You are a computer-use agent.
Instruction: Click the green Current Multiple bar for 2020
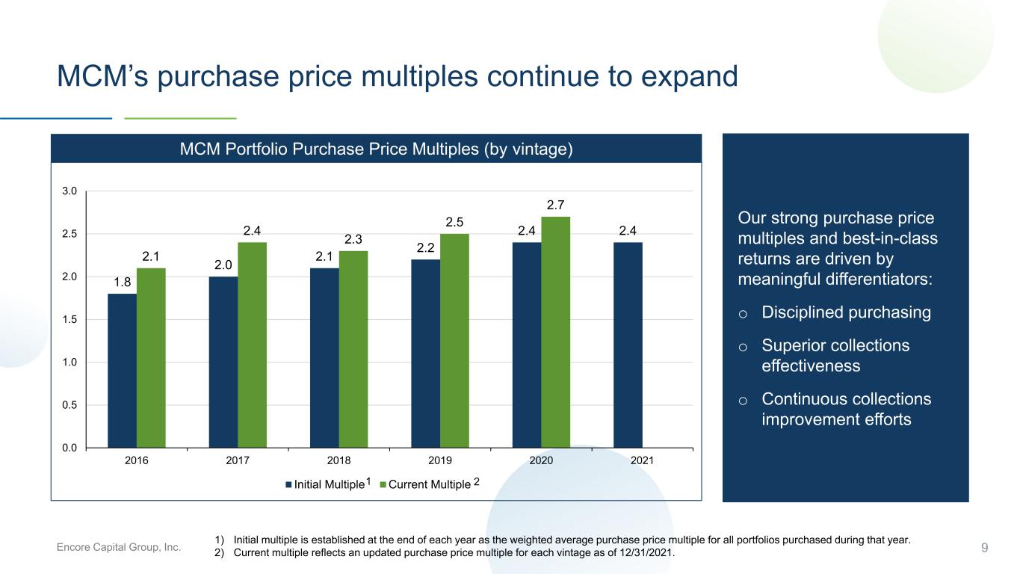click(x=555, y=332)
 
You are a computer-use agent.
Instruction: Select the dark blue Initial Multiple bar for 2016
click(x=122, y=371)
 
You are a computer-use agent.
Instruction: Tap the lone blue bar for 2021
click(x=628, y=345)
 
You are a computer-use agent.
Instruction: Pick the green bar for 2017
click(x=253, y=345)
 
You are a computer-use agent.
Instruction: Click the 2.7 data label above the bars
click(x=555, y=205)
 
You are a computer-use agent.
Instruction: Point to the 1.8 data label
click(x=122, y=282)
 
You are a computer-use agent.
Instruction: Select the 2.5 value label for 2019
click(x=454, y=222)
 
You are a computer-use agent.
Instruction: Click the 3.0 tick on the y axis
click(x=69, y=191)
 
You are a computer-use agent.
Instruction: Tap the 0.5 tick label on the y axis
click(x=69, y=405)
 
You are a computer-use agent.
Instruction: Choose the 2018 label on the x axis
click(x=339, y=460)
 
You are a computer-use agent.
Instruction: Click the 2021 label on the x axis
click(x=642, y=460)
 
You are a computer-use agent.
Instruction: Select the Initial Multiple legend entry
click(x=328, y=484)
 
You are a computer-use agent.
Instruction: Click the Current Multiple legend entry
click(x=430, y=484)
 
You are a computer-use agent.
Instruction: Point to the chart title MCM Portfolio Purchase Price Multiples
click(x=376, y=149)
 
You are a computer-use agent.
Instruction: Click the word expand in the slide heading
click(x=690, y=76)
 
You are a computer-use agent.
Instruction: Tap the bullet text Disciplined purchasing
click(x=846, y=312)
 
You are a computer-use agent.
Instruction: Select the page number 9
click(x=984, y=548)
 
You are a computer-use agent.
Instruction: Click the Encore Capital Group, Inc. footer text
click(x=118, y=547)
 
